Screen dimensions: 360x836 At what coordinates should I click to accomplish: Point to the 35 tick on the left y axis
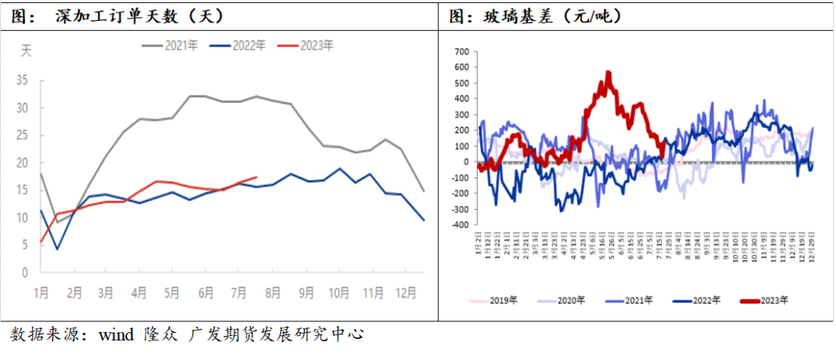[x=22, y=80]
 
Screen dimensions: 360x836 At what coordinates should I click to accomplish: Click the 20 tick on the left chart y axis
[x=22, y=163]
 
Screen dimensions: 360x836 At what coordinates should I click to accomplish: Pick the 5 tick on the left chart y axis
[x=26, y=245]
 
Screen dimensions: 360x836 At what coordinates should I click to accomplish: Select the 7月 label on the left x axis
[x=240, y=293]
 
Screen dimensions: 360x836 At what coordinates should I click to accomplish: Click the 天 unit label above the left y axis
[x=26, y=52]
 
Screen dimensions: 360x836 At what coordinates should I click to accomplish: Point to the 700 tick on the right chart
[x=461, y=52]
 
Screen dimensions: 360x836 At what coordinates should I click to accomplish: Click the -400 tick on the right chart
[x=460, y=225]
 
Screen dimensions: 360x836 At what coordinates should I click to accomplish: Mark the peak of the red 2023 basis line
[x=608, y=73]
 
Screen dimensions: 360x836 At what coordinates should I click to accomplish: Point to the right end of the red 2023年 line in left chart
[x=256, y=177]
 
